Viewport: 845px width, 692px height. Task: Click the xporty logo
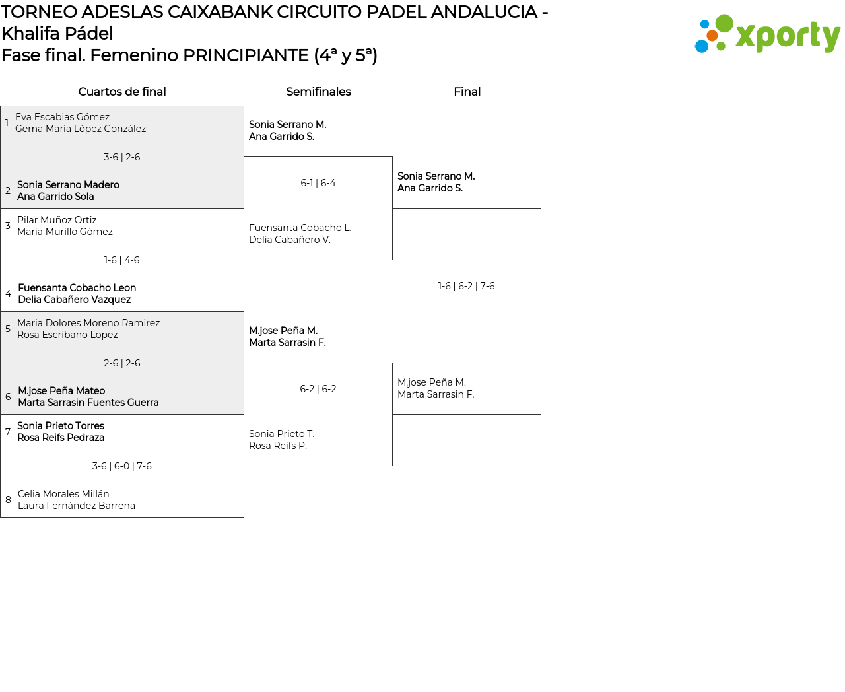pyautogui.click(x=767, y=34)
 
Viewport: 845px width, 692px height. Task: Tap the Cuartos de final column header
pyautogui.click(x=122, y=92)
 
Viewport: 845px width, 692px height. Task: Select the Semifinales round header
pyautogui.click(x=318, y=92)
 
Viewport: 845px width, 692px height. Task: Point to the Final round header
pyautogui.click(x=467, y=92)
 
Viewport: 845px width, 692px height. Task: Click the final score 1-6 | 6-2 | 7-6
pyautogui.click(x=466, y=286)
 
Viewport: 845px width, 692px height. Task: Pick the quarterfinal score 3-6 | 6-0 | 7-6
pyautogui.click(x=122, y=466)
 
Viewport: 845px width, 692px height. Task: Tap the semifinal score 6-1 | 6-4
pyautogui.click(x=318, y=183)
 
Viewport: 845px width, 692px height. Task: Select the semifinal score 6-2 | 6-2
pyautogui.click(x=318, y=389)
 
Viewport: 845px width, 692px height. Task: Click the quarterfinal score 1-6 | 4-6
pyautogui.click(x=122, y=260)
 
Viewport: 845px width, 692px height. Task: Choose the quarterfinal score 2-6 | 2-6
pyautogui.click(x=122, y=363)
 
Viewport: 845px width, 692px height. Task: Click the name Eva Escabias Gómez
pyautogui.click(x=62, y=117)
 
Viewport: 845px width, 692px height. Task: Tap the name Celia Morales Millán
pyautogui.click(x=63, y=494)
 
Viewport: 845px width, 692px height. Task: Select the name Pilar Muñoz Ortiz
pyautogui.click(x=57, y=220)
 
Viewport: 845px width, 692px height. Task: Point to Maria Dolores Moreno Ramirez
pyautogui.click(x=88, y=323)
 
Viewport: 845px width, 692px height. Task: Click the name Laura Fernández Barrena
pyautogui.click(x=77, y=506)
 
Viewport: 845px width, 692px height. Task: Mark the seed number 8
pyautogui.click(x=8, y=500)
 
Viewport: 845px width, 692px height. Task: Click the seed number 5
pyautogui.click(x=8, y=329)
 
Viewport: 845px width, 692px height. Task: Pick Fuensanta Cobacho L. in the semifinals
pyautogui.click(x=300, y=228)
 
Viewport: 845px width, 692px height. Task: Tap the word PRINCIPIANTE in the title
pyautogui.click(x=246, y=55)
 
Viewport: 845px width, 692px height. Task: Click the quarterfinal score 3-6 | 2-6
pyautogui.click(x=122, y=157)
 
